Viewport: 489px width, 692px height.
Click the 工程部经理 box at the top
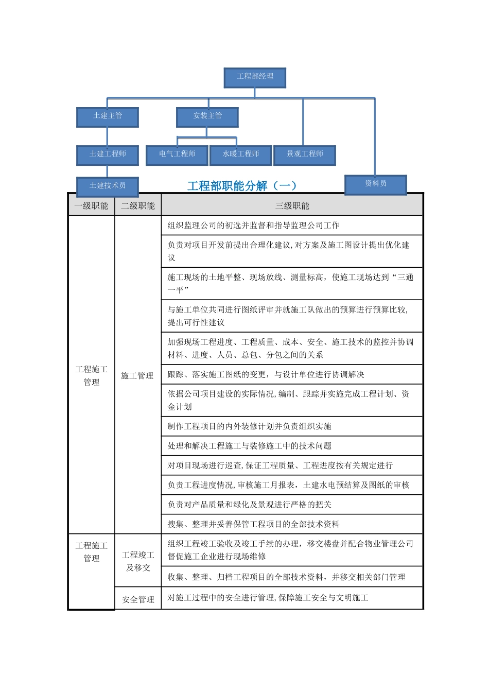pos(255,77)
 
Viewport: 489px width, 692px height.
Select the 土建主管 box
pos(108,116)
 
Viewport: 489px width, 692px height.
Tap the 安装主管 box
pos(207,116)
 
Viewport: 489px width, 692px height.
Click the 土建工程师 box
pos(108,154)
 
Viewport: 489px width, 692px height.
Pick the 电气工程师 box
pos(177,154)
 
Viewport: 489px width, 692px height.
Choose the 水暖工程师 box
pos(241,154)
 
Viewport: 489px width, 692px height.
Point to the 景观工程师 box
pos(305,154)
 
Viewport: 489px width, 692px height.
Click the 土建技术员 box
pos(108,186)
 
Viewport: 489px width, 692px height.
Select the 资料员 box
pos(376,184)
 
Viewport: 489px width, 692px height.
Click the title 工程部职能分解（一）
pos(242,186)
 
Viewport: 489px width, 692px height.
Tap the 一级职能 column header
pos(92,206)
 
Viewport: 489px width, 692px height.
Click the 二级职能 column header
pos(138,206)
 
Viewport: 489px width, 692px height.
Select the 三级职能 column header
pos(292,206)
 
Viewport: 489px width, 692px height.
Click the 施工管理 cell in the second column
pos(137,376)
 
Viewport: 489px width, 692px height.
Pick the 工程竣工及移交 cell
pos(138,561)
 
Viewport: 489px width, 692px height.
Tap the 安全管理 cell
pos(138,599)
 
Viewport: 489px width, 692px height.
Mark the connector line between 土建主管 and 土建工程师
pos(108,136)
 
